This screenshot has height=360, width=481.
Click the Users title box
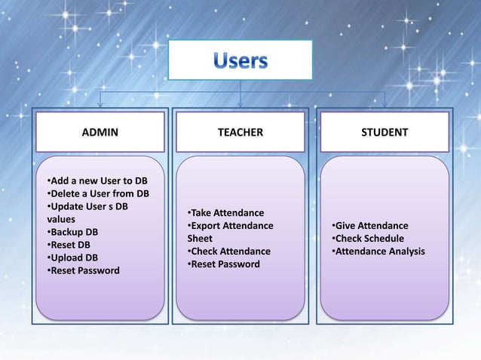coord(240,59)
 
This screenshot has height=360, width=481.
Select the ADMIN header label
coord(100,133)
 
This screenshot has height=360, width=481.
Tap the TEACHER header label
coord(240,133)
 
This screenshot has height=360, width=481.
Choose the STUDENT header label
coord(384,133)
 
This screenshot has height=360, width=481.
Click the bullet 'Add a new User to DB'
coord(97,181)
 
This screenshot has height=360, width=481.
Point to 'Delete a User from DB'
coord(97,194)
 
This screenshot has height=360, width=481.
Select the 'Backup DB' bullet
coord(74,232)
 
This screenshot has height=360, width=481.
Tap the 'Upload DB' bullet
coord(73,258)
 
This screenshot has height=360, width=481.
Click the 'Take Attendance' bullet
coord(225,213)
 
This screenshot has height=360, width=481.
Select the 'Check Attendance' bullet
coord(228,252)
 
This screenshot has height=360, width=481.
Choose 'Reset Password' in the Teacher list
coord(224,264)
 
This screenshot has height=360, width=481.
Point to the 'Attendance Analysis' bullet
coord(378,252)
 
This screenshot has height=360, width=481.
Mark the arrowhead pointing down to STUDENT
coord(384,105)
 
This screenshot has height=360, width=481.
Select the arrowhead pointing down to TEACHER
coord(240,105)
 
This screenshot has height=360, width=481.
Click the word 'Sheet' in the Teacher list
coord(200,239)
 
